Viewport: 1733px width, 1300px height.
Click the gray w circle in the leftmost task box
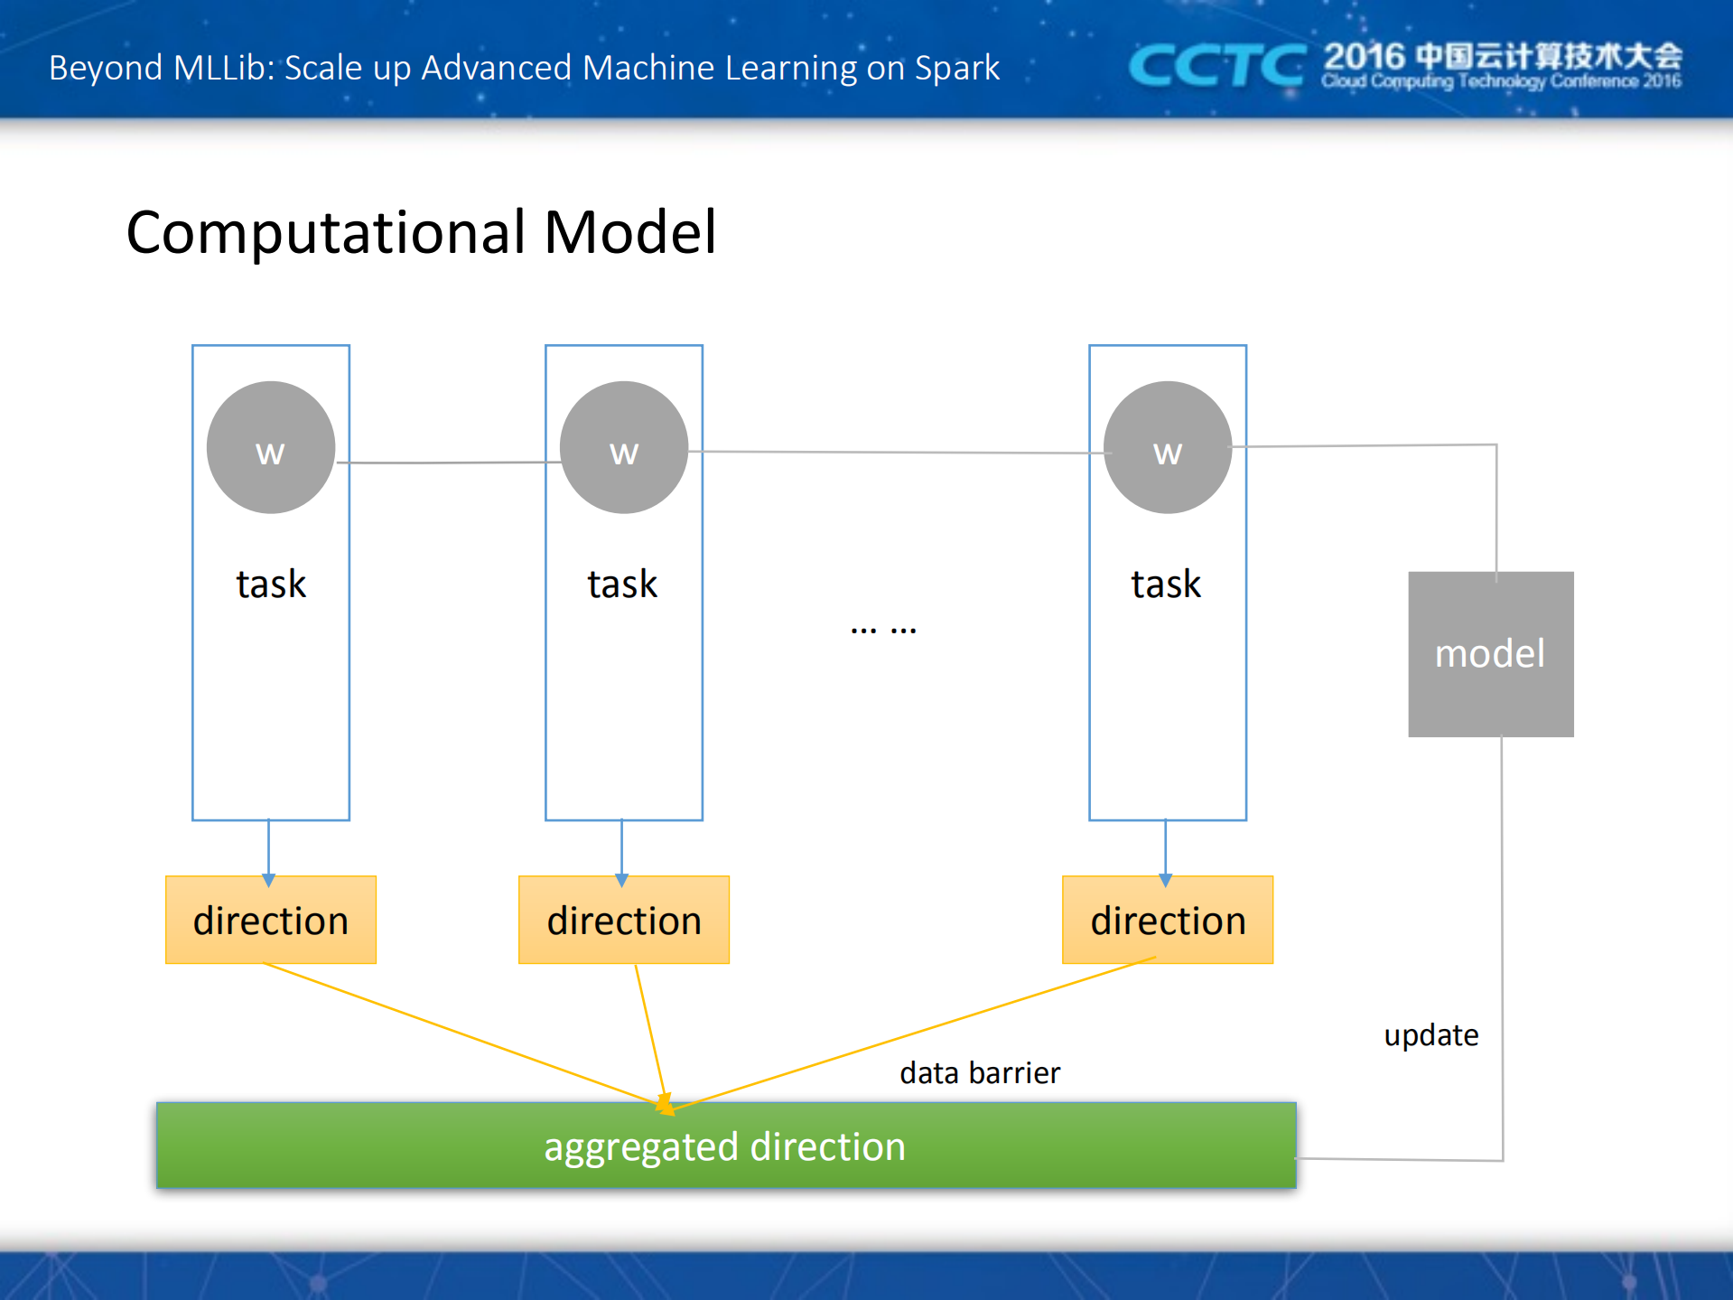pos(270,447)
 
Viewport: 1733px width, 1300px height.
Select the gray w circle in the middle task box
pos(623,447)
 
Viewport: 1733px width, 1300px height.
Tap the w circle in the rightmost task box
pos(1167,447)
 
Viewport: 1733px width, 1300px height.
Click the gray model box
pos(1490,654)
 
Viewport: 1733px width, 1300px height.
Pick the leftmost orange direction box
pos(270,920)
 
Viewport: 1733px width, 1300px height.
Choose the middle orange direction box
pos(623,920)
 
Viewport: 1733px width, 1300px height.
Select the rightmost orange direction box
pos(1167,920)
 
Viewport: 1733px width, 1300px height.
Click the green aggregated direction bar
pos(725,1146)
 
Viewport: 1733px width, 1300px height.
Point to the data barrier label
pos(979,1072)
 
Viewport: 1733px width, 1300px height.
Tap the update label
pos(1430,1034)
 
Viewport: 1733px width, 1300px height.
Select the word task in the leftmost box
pos(270,584)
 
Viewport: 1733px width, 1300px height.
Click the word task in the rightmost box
pos(1166,584)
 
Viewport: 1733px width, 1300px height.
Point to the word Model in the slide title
pos(629,232)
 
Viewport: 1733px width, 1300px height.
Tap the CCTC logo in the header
pos(1216,66)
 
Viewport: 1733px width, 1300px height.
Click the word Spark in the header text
pos(956,68)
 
